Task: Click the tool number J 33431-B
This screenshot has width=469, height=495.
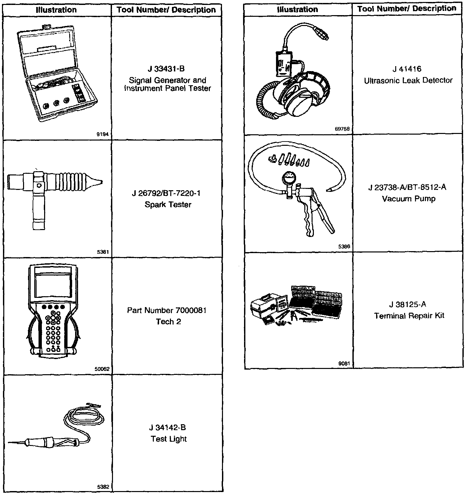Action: click(166, 69)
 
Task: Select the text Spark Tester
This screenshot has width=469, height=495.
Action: click(168, 205)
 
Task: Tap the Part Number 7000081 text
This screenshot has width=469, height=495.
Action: click(167, 310)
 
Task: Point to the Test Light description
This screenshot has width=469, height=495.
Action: click(169, 439)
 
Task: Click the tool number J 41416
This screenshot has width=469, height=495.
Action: click(407, 69)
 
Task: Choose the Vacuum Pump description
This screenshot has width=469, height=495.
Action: click(409, 199)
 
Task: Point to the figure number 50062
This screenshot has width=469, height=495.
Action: click(102, 369)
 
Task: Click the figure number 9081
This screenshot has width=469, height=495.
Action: click(344, 364)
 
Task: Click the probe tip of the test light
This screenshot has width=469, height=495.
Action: click(10, 442)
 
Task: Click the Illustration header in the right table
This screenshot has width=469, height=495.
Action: click(297, 10)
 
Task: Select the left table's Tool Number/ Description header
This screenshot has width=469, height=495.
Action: click(166, 10)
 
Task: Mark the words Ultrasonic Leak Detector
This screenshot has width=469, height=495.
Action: click(408, 81)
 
